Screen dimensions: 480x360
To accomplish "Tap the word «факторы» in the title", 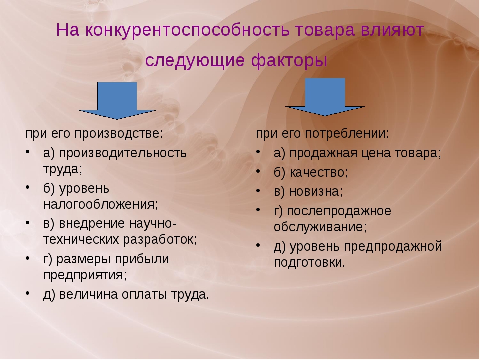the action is click(289, 60).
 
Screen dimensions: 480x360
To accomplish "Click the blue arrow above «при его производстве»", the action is click(117, 100).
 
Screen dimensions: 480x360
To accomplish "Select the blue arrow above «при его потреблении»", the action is click(325, 97).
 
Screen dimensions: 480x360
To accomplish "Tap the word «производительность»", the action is click(123, 153).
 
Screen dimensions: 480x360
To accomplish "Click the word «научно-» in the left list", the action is click(153, 224).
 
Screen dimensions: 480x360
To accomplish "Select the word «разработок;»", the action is click(160, 240).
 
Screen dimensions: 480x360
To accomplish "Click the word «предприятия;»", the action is click(85, 275).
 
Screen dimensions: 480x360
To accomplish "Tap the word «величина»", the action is click(89, 294).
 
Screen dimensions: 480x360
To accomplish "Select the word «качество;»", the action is click(319, 173).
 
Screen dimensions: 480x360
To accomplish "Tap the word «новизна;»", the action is click(316, 192).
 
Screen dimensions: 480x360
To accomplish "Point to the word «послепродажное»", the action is click(339, 211).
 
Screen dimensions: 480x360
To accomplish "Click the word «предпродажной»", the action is click(393, 247).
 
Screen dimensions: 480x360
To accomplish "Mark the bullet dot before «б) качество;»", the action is click(258, 171).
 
